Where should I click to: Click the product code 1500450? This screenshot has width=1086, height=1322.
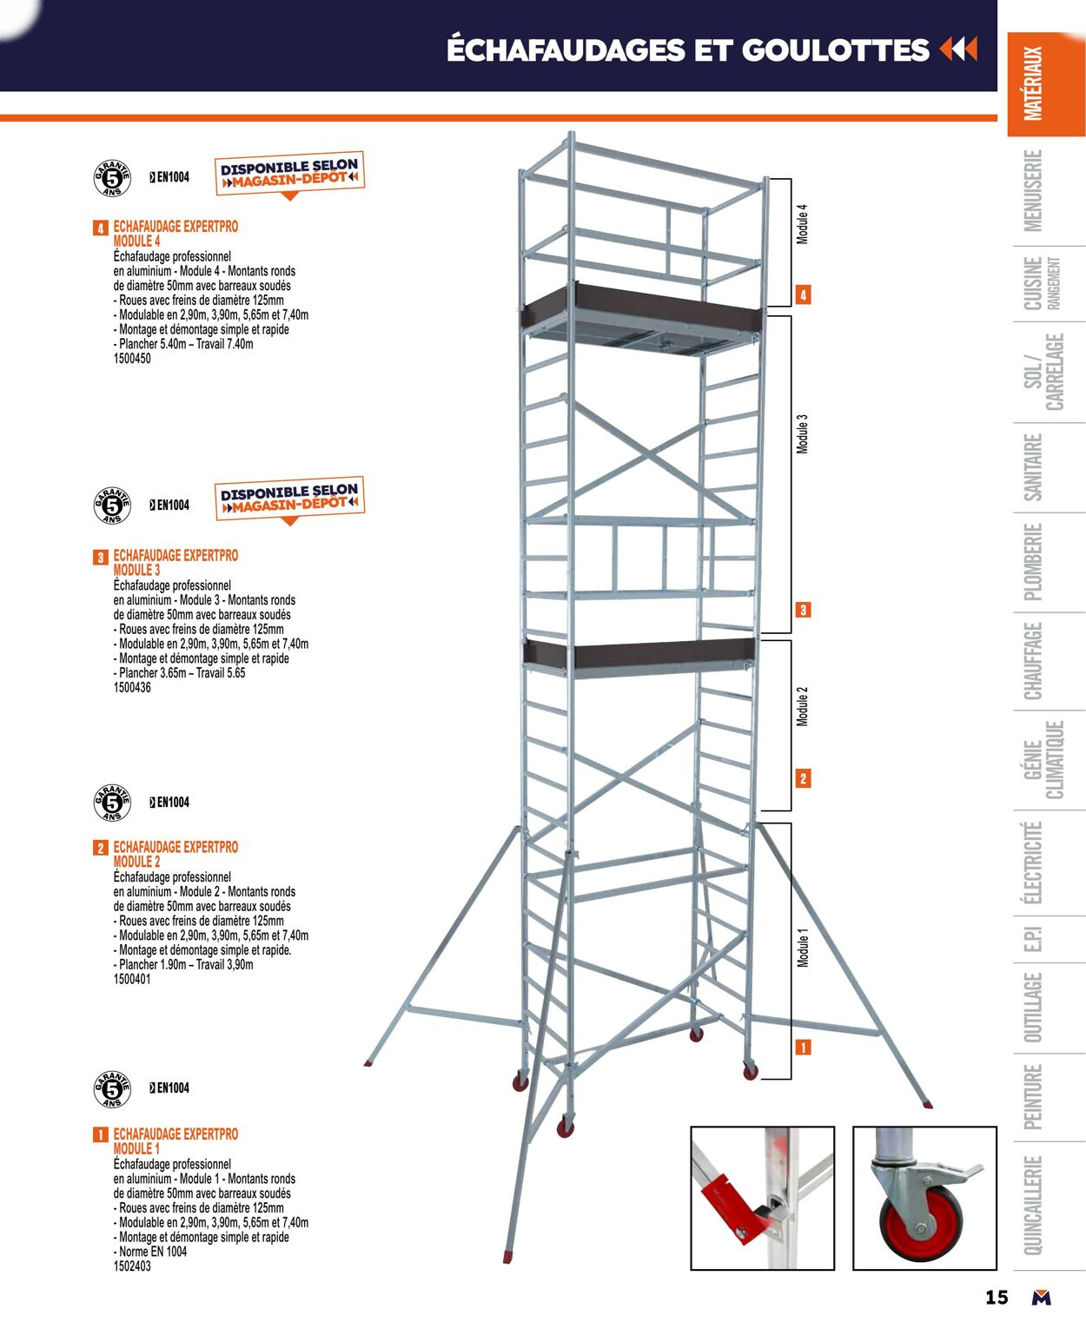pos(132,359)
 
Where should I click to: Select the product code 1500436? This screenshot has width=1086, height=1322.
pos(132,688)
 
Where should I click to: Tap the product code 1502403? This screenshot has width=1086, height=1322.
pos(132,1266)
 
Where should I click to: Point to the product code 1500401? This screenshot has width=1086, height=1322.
pos(132,980)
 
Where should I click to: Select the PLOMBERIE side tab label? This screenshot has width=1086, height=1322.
pos(1033,562)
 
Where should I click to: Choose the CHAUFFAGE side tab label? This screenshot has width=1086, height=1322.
pos(1033,661)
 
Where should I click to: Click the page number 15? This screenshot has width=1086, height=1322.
pos(997,1297)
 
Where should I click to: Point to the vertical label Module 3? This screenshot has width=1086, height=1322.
pos(803,433)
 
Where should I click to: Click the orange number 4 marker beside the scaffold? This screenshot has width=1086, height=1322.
pos(803,295)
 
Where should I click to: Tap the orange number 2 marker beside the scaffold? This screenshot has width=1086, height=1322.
pos(803,778)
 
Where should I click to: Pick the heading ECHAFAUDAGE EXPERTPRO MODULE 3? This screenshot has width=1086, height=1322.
pos(175,562)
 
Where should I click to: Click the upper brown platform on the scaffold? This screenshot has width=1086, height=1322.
pos(643,305)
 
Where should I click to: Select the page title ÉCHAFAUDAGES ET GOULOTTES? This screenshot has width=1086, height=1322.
pos(687,50)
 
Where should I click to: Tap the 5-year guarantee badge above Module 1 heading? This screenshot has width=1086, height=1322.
pos(112,1090)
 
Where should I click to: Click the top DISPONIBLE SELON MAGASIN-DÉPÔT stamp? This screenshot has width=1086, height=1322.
pos(289,173)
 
